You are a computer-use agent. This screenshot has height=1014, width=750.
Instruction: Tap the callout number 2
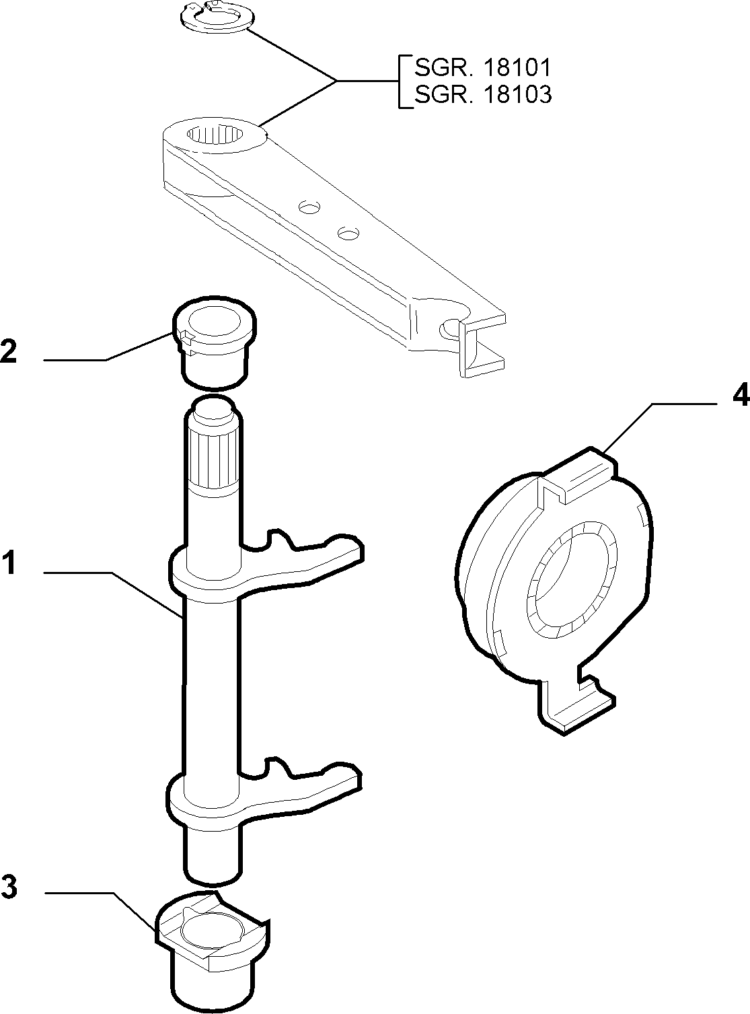point(8,351)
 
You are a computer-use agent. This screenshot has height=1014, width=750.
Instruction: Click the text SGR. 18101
point(483,68)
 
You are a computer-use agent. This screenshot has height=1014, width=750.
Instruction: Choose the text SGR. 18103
point(483,95)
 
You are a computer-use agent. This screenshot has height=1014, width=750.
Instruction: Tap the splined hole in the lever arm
point(215,135)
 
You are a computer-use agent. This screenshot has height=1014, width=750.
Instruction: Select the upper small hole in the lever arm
point(309,207)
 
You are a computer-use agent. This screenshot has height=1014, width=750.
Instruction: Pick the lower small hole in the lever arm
point(348,233)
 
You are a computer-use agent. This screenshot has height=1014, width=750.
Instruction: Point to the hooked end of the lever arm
point(476,340)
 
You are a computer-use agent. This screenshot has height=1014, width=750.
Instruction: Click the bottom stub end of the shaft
point(213,854)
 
